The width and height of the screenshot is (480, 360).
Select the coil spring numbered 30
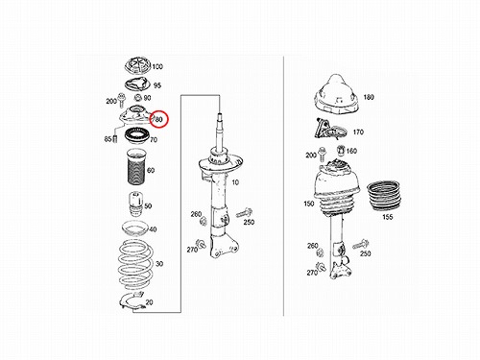click(135, 264)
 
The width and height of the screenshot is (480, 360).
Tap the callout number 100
click(157, 66)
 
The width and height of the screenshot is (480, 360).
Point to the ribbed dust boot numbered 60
click(136, 167)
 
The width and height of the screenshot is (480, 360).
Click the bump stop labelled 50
click(135, 204)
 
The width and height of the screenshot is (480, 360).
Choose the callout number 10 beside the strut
click(235, 182)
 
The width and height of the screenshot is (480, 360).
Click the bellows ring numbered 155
click(383, 196)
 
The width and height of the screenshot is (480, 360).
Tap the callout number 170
click(358, 132)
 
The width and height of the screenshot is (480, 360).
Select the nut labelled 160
click(341, 149)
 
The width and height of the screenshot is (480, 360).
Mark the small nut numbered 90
click(138, 98)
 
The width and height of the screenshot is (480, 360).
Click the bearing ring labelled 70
click(136, 137)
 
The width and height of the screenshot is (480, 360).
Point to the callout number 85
click(108, 139)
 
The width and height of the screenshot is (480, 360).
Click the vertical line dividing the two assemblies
click(283, 185)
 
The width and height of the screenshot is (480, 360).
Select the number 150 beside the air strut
click(309, 204)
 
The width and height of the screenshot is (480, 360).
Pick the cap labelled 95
click(137, 84)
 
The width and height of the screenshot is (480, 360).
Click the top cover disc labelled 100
click(137, 65)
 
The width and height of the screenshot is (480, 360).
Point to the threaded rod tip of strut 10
click(220, 116)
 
